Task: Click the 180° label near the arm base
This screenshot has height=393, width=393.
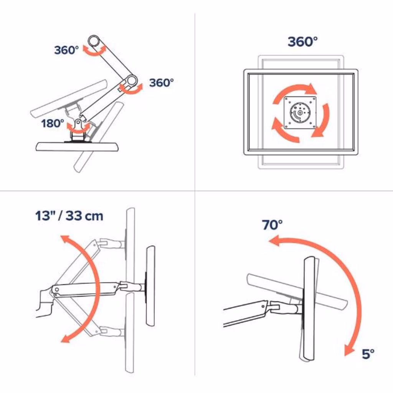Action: [53, 123]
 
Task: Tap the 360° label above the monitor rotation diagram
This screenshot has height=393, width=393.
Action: [302, 41]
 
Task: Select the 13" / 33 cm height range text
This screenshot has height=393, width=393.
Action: [69, 216]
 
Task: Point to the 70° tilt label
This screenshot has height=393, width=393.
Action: [272, 225]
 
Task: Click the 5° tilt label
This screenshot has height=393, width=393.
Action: [368, 354]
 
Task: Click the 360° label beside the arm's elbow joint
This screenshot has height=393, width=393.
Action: [162, 83]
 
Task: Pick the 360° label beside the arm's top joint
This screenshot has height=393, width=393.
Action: [66, 50]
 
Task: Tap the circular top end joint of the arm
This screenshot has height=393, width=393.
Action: [94, 41]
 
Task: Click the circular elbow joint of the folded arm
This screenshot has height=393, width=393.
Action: [132, 81]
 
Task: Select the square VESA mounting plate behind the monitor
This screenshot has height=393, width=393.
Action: [300, 112]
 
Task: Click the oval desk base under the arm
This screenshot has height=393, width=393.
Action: [78, 147]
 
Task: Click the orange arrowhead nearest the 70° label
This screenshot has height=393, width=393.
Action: [274, 240]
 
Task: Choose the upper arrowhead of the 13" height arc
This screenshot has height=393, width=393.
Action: [65, 239]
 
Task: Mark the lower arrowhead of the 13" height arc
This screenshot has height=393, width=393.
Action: [65, 339]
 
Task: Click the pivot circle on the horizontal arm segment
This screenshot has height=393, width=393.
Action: [57, 290]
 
